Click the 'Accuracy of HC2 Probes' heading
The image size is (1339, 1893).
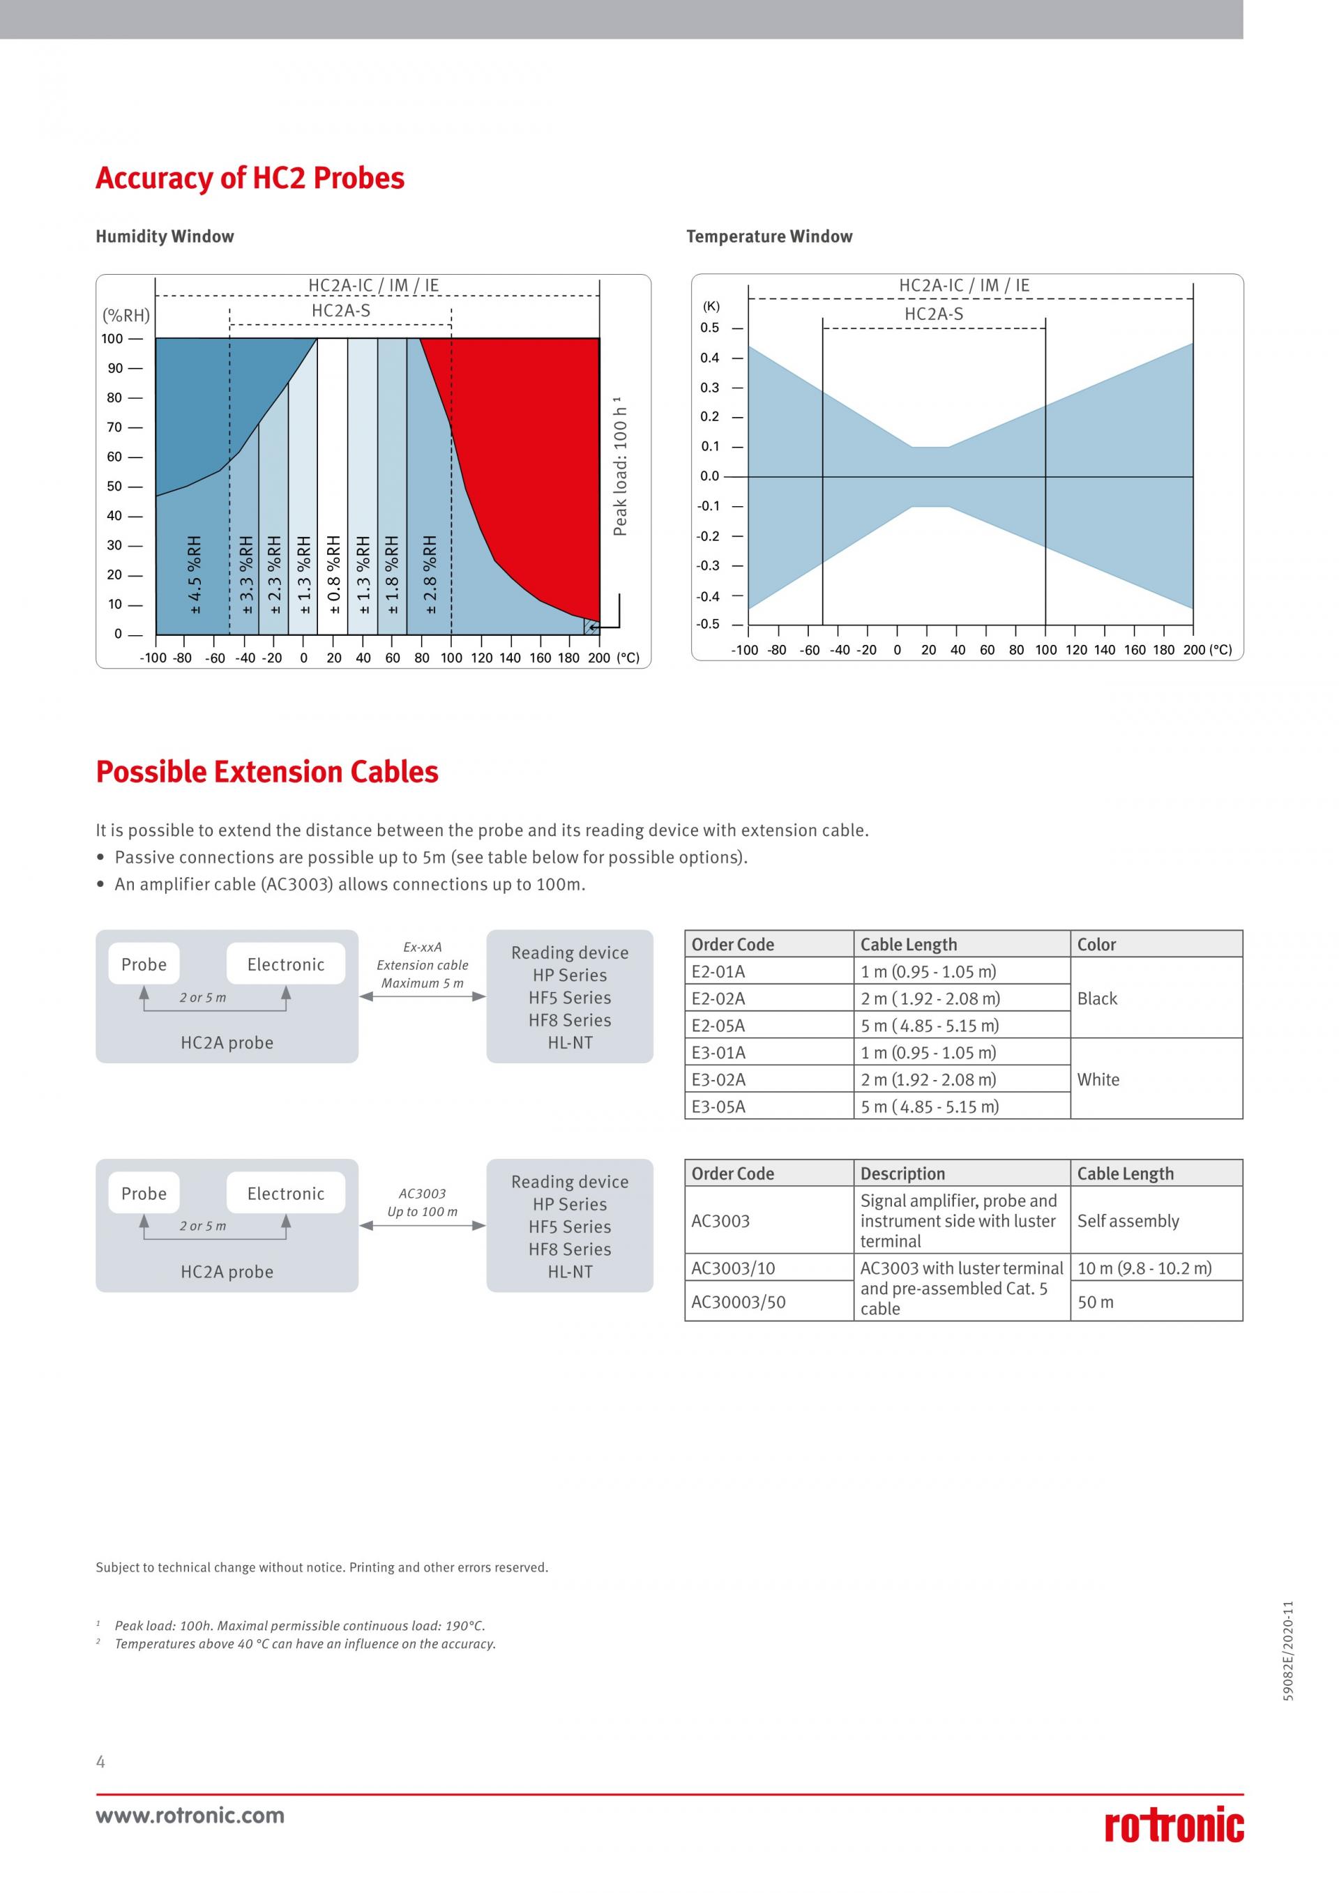250,178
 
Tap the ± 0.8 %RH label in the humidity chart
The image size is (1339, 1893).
334,574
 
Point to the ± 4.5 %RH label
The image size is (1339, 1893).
195,574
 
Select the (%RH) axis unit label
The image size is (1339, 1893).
126,315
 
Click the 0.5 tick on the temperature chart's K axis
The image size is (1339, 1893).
709,328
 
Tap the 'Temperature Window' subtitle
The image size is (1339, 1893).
769,236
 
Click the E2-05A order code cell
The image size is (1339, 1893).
718,1026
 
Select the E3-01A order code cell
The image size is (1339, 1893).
718,1053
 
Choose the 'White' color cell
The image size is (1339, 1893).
1098,1079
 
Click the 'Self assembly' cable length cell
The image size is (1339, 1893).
1128,1221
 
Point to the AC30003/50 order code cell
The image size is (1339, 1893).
739,1302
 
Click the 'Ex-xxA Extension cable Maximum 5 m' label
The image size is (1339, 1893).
422,966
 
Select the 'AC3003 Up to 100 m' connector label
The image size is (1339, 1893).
422,1203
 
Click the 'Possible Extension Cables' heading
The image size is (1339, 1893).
267,772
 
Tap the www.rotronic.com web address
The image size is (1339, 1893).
190,1815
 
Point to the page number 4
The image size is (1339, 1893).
100,1762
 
